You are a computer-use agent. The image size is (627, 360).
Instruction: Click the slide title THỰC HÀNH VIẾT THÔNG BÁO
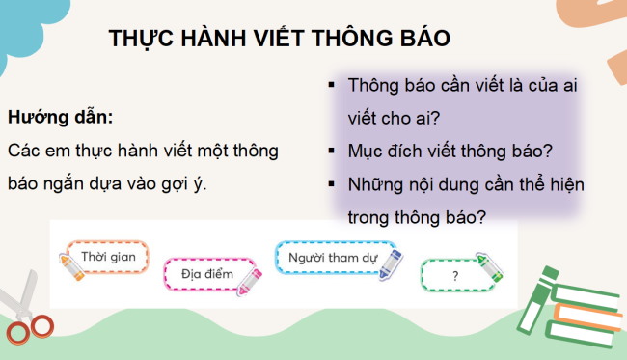coord(280,38)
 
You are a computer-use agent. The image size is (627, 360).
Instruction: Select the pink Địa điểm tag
coord(207,274)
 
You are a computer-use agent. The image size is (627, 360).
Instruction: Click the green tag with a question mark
coord(453,275)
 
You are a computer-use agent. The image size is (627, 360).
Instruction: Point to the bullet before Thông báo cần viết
coord(331,85)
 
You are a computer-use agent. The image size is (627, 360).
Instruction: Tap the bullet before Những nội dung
coord(331,184)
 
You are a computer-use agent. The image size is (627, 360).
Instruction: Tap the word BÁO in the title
coord(425,38)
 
